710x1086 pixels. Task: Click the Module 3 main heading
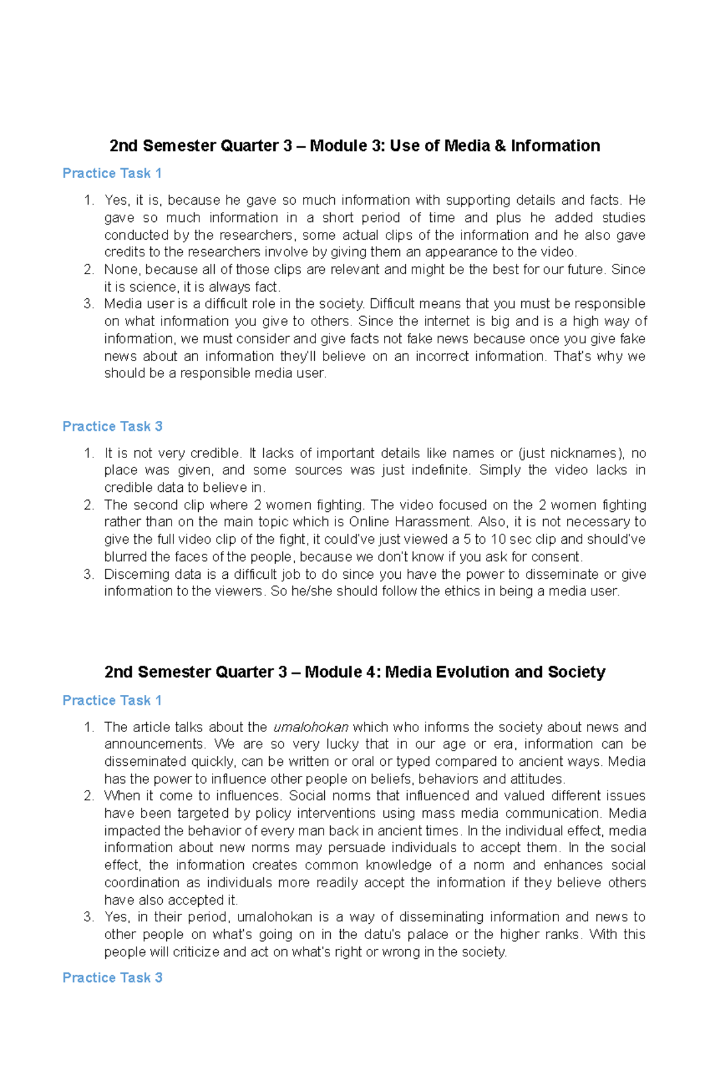[x=354, y=146]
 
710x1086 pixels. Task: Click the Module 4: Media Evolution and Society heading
[x=354, y=672]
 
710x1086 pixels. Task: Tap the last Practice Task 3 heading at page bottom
[x=112, y=978]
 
